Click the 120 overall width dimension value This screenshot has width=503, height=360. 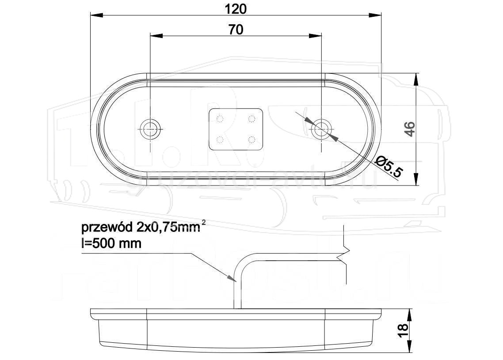click(x=236, y=8)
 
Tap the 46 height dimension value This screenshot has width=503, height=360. click(x=410, y=129)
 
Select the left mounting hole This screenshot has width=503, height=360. click(x=150, y=129)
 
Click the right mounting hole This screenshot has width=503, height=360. click(x=321, y=129)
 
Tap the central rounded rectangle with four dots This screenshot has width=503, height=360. click(x=236, y=129)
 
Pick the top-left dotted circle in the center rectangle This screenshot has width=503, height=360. click(x=221, y=118)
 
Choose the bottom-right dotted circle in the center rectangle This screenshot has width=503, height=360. click(x=251, y=140)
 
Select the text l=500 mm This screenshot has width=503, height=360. click(x=112, y=243)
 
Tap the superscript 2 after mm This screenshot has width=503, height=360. click(x=203, y=223)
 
